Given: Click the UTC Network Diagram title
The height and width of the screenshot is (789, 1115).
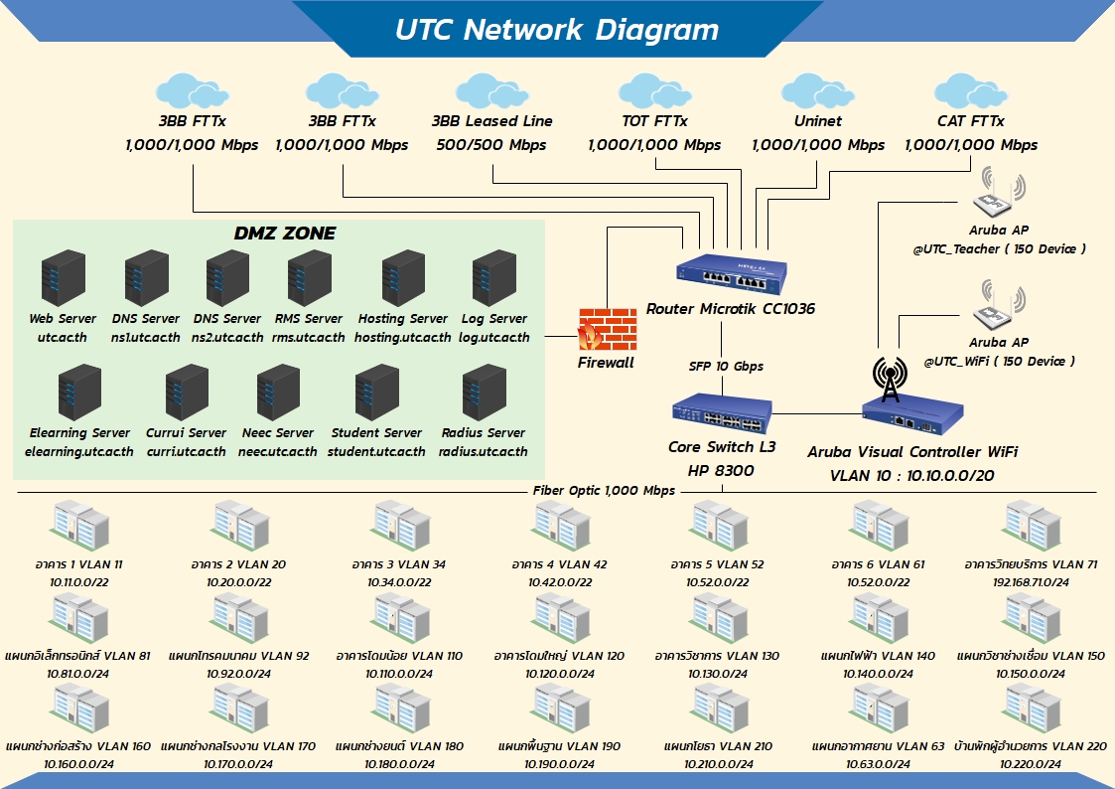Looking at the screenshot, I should click(x=556, y=29).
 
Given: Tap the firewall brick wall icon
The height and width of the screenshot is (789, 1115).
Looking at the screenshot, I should click(x=606, y=329).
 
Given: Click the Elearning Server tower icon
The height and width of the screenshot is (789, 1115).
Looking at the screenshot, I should click(x=78, y=394).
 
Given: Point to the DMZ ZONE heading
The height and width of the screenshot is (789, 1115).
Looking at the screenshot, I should click(x=284, y=235).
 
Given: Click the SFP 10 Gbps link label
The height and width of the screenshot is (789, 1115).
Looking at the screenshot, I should click(x=726, y=366).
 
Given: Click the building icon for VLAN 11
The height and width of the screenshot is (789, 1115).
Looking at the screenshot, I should click(x=78, y=525).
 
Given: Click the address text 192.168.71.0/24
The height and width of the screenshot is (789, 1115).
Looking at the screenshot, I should click(x=1031, y=582).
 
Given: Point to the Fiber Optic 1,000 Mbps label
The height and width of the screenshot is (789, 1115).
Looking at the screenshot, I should click(x=604, y=490).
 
